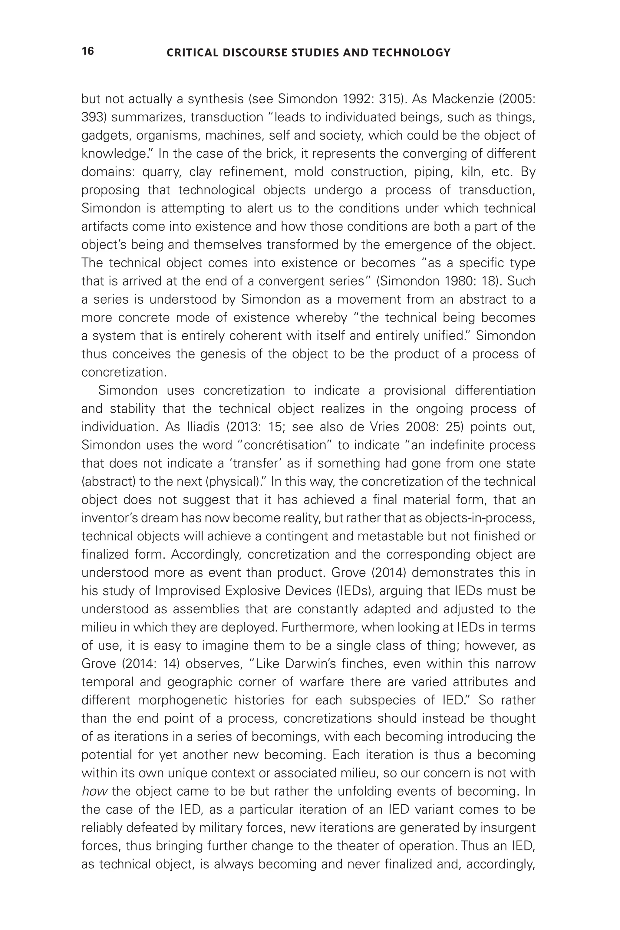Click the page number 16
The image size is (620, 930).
click(x=88, y=51)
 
